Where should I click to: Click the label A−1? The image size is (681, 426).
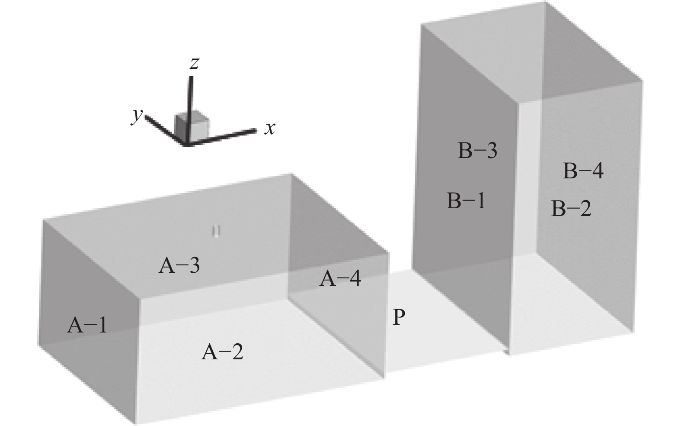click(87, 325)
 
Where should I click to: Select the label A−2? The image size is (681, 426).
click(222, 352)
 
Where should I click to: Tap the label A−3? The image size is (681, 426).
click(179, 265)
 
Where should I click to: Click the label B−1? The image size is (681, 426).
click(466, 200)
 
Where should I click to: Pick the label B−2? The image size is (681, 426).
click(571, 208)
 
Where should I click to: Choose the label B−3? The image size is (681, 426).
click(477, 150)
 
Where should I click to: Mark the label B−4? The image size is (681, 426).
click(583, 171)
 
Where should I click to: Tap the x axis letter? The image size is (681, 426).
click(270, 129)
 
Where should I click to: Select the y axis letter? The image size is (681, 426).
click(137, 116)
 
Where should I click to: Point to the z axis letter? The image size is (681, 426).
click(194, 63)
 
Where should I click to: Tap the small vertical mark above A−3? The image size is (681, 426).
click(216, 232)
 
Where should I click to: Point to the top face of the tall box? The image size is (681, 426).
click(532, 52)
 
